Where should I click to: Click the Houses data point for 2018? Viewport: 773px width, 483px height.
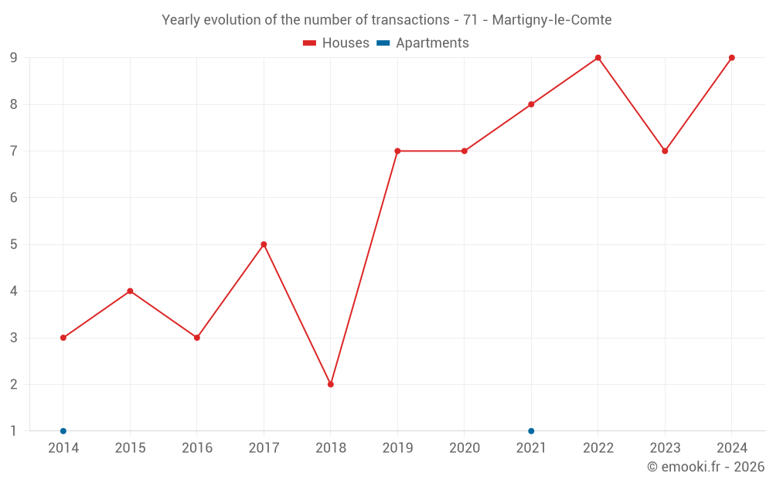[331, 384]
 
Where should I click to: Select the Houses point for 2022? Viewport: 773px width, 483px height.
[598, 58]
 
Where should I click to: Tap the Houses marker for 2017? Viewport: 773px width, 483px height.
[264, 244]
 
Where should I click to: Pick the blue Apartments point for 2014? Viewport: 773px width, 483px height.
[63, 431]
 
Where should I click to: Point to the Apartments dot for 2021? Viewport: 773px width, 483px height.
[531, 431]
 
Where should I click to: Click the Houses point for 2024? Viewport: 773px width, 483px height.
[732, 58]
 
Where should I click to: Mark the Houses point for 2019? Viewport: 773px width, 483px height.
[397, 151]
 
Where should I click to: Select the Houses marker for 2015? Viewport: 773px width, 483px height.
[130, 291]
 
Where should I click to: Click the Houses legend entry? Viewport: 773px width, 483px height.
[336, 43]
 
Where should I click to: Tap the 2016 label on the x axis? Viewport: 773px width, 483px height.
[197, 448]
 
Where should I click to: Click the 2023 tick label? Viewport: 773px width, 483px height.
[665, 448]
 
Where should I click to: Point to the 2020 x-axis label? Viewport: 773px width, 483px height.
[465, 448]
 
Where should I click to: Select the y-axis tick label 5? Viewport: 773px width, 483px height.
[14, 244]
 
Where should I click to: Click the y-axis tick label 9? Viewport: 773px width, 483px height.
[14, 58]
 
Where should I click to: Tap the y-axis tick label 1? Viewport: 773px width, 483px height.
[14, 431]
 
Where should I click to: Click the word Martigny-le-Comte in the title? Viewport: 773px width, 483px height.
[552, 20]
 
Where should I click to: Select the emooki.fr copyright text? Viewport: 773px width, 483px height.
[706, 467]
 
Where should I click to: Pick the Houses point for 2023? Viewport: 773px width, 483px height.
[665, 151]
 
